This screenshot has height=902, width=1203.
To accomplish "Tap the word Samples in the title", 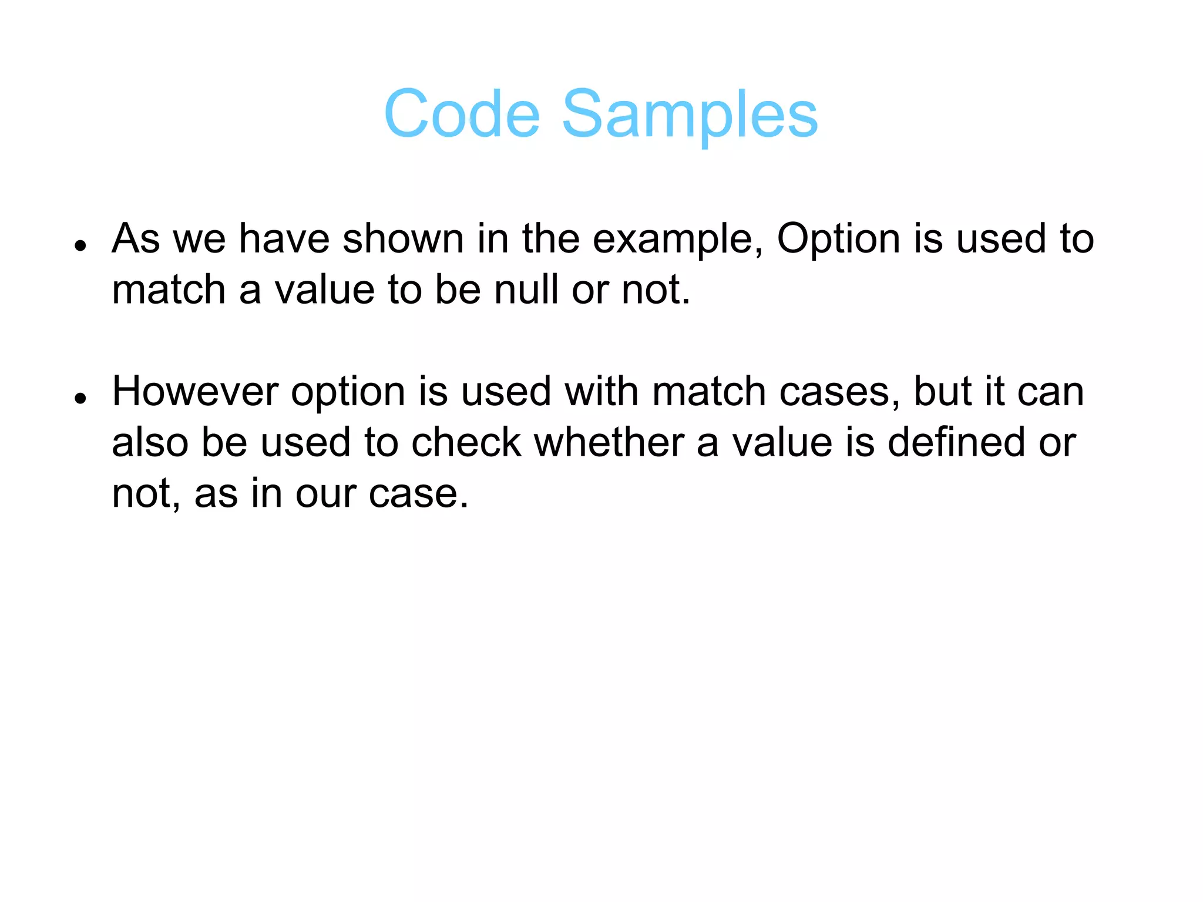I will (690, 115).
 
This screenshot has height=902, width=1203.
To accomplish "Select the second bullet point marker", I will (81, 398).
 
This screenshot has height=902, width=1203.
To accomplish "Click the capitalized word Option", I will (838, 240).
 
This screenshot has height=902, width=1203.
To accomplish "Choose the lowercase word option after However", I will (348, 393).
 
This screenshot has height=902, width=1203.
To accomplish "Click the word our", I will (326, 494).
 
